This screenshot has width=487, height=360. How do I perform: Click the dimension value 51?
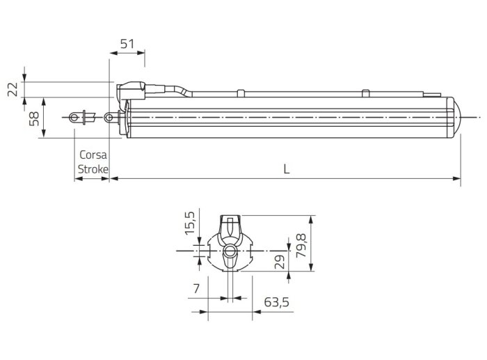[127, 44]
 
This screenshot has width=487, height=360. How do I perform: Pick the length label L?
[287, 169]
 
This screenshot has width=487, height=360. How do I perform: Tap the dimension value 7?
[196, 288]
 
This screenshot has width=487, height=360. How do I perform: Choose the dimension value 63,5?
[277, 302]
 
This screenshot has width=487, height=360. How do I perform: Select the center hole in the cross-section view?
[229, 250]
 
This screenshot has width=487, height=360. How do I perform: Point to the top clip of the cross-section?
[229, 227]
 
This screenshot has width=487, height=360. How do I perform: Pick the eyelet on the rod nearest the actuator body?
[110, 118]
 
